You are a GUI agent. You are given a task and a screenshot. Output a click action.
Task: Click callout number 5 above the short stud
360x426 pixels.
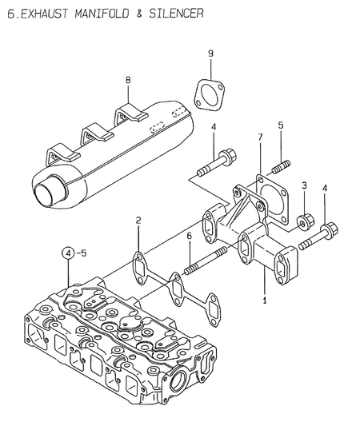pos(281,125)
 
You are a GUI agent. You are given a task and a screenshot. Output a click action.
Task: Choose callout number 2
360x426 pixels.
pos(138,219)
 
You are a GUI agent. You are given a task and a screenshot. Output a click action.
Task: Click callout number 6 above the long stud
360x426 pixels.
pos(189,237)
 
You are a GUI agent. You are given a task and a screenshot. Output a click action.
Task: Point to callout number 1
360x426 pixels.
pos(263,302)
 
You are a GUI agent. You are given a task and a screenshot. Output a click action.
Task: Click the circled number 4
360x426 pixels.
pos(70,254)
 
